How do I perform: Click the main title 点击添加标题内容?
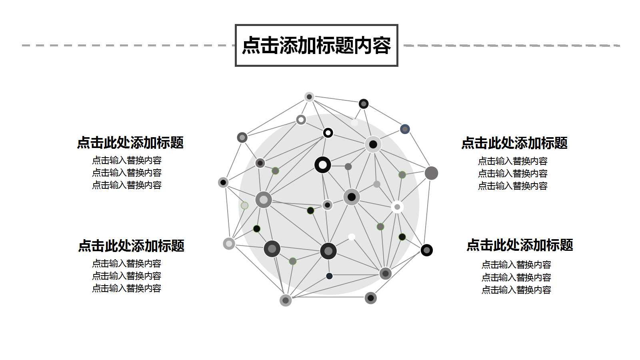316,45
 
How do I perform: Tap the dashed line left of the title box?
128,45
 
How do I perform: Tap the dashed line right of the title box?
512,45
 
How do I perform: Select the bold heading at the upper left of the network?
130,143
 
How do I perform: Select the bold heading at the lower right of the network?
520,245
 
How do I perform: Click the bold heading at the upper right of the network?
514,143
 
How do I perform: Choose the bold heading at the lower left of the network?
131,246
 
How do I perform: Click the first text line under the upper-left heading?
126,160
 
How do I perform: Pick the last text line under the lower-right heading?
516,290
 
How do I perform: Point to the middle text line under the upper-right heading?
512,174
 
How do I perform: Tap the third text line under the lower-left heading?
126,288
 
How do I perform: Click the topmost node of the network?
309,97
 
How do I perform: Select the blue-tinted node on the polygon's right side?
405,129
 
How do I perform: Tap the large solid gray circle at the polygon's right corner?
431,173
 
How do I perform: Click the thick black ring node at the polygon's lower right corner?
427,250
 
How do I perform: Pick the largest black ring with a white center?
323,165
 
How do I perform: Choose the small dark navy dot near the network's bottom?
329,276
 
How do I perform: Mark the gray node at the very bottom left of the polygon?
286,300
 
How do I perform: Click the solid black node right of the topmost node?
363,104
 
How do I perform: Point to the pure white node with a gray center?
397,207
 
